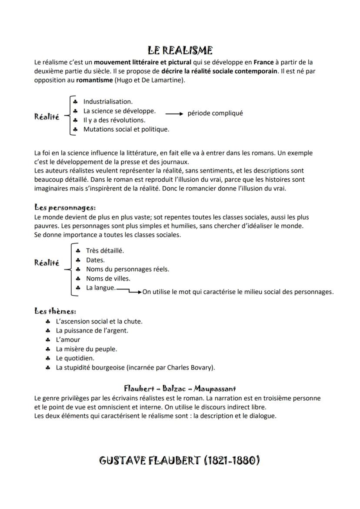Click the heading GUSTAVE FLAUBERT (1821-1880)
coord(180,460)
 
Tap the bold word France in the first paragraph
coord(264,62)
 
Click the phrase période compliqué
coord(215,113)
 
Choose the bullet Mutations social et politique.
coord(126,129)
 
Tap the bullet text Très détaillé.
coord(105,251)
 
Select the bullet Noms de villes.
coord(108,278)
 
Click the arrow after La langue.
coord(129,290)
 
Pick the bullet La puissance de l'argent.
coord(92,331)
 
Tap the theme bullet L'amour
coord(68,340)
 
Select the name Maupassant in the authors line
coord(215,388)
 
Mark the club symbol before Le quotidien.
coord(47,359)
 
